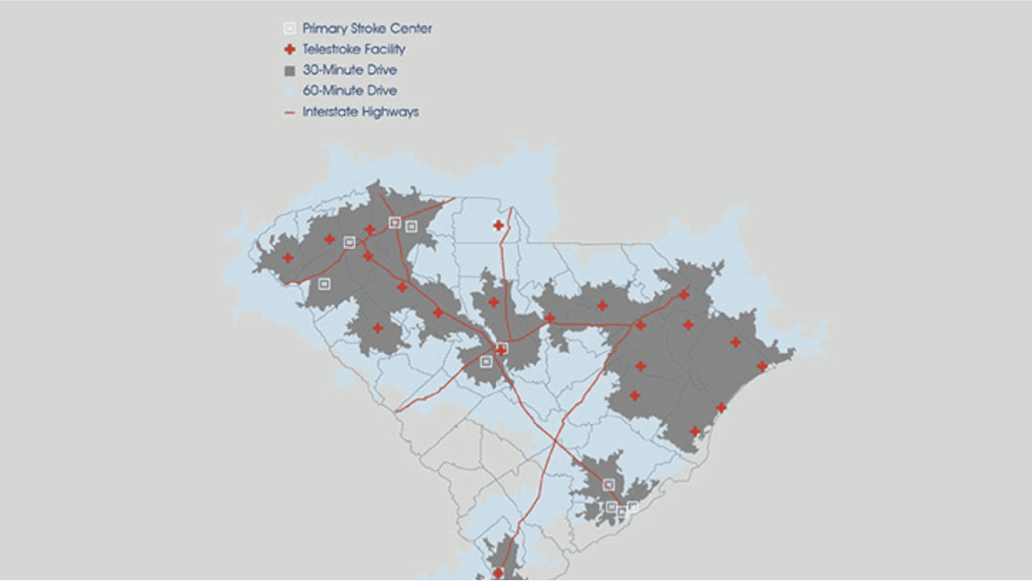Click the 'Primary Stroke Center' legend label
click(x=367, y=29)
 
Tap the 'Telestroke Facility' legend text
click(x=354, y=49)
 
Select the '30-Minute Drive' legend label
click(x=349, y=70)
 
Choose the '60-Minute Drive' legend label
click(x=349, y=91)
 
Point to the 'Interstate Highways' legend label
click(x=360, y=112)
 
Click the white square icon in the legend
click(x=290, y=29)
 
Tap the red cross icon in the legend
click(x=290, y=49)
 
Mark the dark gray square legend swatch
click(x=290, y=70)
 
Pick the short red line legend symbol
click(x=290, y=112)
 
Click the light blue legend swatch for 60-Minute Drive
click(x=290, y=91)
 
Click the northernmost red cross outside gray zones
click(x=499, y=225)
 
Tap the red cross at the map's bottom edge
click(x=498, y=573)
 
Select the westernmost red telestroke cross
click(x=288, y=258)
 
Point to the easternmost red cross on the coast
click(x=761, y=366)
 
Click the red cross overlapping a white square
click(x=500, y=349)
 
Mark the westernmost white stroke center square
click(x=324, y=284)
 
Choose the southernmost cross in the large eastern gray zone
click(x=694, y=431)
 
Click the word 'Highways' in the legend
click(x=391, y=112)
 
